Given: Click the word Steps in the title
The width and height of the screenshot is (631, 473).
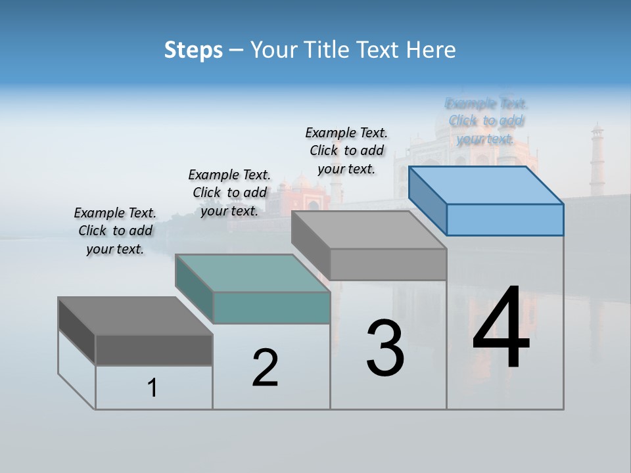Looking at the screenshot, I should click(x=193, y=50).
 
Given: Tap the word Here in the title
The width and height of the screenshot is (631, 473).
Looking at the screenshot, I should click(x=430, y=50).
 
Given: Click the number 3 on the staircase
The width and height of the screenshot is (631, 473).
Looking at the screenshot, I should click(x=385, y=348).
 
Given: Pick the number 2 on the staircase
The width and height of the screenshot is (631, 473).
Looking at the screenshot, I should click(x=265, y=368).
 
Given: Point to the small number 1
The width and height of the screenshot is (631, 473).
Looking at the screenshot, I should click(x=152, y=388).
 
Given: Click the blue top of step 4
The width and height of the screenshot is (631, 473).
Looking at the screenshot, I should click(x=486, y=185).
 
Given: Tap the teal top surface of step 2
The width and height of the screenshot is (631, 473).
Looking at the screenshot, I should click(x=253, y=273).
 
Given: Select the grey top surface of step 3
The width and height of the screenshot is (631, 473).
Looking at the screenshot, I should click(x=369, y=230).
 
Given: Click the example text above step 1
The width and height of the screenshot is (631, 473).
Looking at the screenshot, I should click(x=115, y=231).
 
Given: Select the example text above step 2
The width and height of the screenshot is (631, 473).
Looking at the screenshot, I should click(x=229, y=192).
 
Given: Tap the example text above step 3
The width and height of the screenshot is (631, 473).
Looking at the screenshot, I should click(x=346, y=150).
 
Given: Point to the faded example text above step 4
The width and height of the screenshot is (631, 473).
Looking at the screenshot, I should click(x=486, y=121).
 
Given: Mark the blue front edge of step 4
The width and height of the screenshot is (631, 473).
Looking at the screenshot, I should click(x=505, y=219).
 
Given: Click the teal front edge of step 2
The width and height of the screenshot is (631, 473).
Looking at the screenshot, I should click(x=271, y=307).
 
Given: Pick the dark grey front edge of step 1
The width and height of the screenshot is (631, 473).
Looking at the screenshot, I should click(x=154, y=349).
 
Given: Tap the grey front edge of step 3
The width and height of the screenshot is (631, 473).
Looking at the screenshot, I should click(x=388, y=264).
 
